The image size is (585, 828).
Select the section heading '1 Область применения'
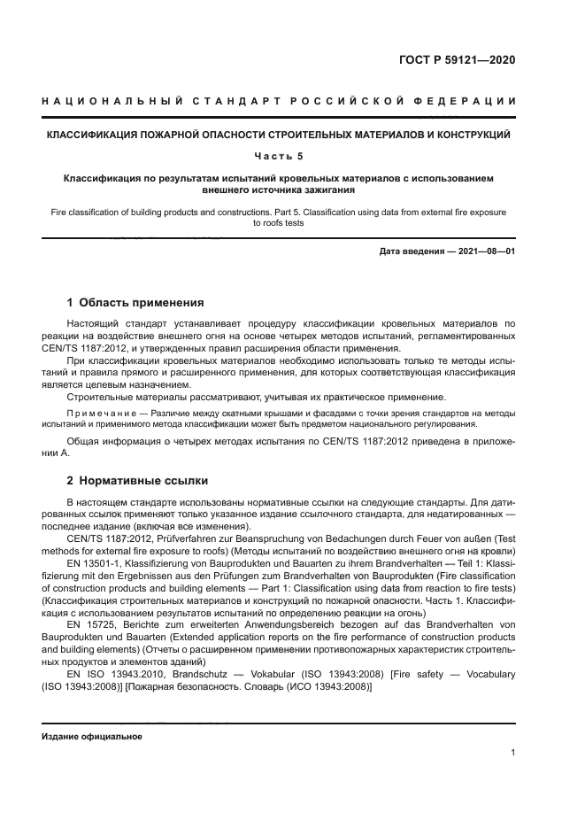135,302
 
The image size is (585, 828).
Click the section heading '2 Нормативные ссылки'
137,481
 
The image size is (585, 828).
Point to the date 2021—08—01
485,251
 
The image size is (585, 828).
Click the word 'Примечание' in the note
104,414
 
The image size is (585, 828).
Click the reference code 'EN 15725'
91,624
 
